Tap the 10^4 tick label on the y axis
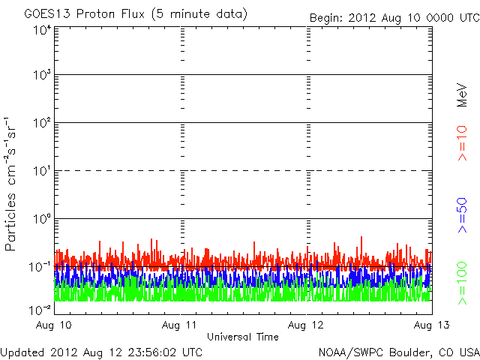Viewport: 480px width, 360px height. [41, 30]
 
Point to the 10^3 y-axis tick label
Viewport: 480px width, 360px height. [41, 76]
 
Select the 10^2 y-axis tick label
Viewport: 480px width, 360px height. [41, 123]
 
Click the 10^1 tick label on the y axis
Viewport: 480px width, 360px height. [41, 171]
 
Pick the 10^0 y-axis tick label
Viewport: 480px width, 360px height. [41, 219]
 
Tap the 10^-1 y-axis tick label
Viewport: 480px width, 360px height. [40, 267]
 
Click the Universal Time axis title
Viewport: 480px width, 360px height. [242, 337]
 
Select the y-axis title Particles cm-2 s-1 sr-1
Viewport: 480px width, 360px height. [12, 183]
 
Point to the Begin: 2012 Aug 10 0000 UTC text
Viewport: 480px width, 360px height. [393, 16]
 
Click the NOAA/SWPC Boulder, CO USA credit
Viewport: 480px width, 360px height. [398, 351]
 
